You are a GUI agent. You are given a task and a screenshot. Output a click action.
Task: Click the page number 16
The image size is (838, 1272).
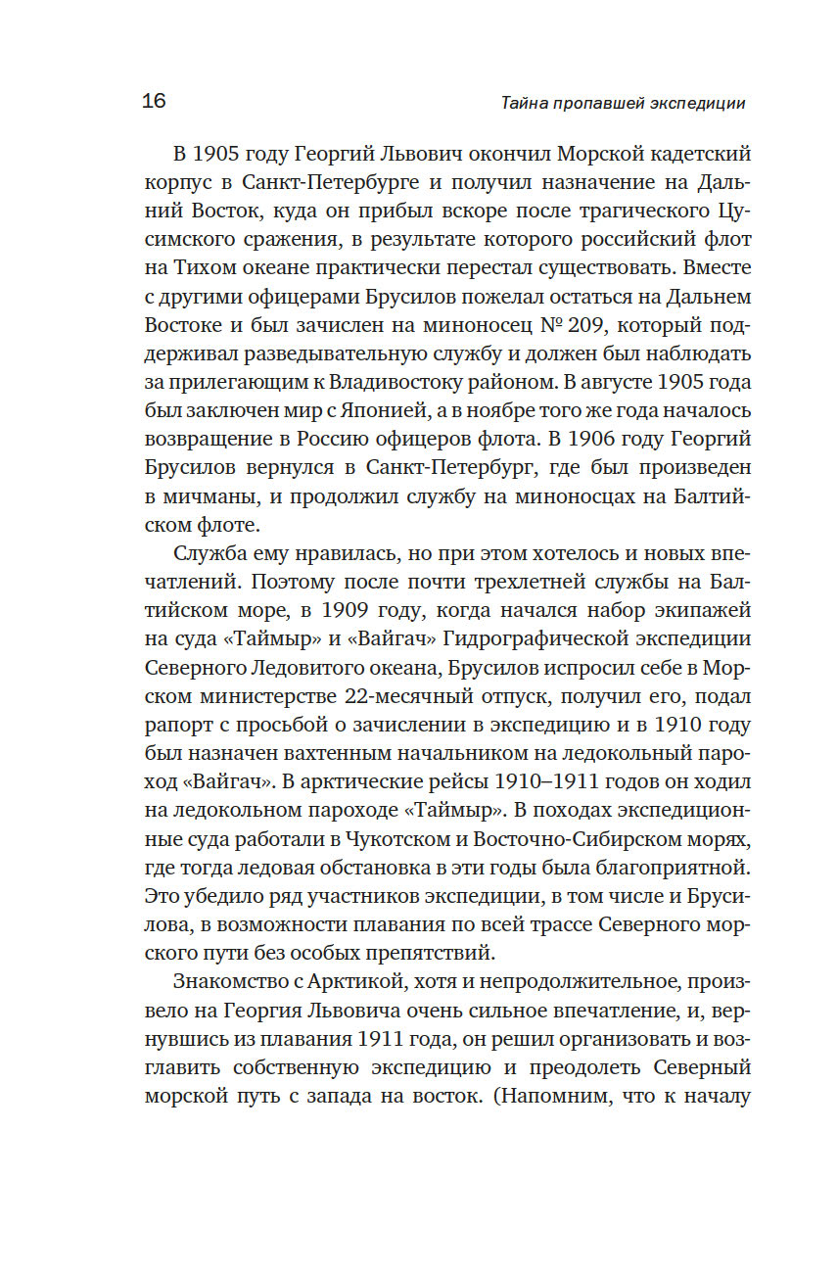[155, 101]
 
